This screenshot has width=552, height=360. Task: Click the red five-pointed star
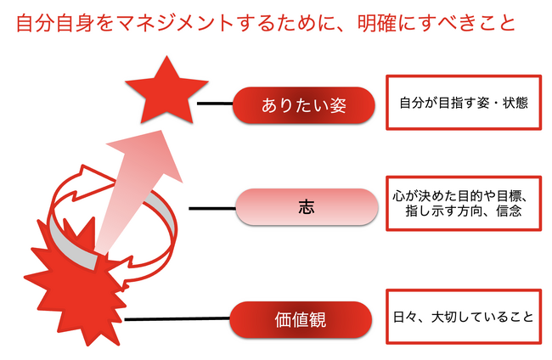[166, 93]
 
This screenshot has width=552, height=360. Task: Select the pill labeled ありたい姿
[303, 105]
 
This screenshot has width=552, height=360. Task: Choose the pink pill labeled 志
[307, 207]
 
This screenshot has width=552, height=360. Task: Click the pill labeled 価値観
[301, 319]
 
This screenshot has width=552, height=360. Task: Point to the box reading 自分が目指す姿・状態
[464, 103]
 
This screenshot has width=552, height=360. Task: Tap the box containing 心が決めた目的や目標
[464, 204]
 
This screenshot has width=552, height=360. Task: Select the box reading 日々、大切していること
[464, 317]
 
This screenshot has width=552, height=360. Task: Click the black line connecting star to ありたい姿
[215, 104]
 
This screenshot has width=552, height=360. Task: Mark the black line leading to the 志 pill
[212, 208]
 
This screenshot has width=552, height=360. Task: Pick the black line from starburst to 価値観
[177, 319]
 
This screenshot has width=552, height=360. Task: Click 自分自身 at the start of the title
[55, 23]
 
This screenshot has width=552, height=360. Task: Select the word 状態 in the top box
[515, 103]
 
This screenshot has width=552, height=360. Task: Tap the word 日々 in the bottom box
[406, 317]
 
